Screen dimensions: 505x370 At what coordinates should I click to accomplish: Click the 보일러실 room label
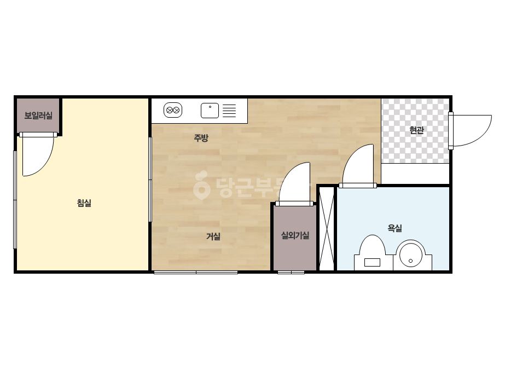click(x=38, y=115)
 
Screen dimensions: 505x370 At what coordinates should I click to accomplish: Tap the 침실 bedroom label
click(x=84, y=203)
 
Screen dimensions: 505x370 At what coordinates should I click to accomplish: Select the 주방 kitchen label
click(x=201, y=138)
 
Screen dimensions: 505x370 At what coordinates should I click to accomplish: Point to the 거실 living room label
click(x=213, y=236)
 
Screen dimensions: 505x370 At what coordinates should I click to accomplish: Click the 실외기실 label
click(x=295, y=235)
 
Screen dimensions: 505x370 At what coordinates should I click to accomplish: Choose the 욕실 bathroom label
click(x=395, y=228)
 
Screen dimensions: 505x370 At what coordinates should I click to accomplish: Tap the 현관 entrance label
click(x=416, y=130)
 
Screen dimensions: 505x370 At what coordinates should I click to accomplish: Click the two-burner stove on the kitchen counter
click(x=173, y=110)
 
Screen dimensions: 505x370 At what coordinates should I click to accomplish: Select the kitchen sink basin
click(x=210, y=111)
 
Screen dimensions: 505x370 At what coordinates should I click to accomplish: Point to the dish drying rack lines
click(x=229, y=111)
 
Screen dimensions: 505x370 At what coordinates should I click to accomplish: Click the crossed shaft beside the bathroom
click(x=327, y=228)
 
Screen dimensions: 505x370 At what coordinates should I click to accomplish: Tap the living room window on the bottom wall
click(x=196, y=273)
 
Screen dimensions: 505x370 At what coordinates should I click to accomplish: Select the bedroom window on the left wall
click(x=15, y=200)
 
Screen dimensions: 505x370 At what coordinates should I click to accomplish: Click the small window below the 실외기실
click(x=291, y=273)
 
